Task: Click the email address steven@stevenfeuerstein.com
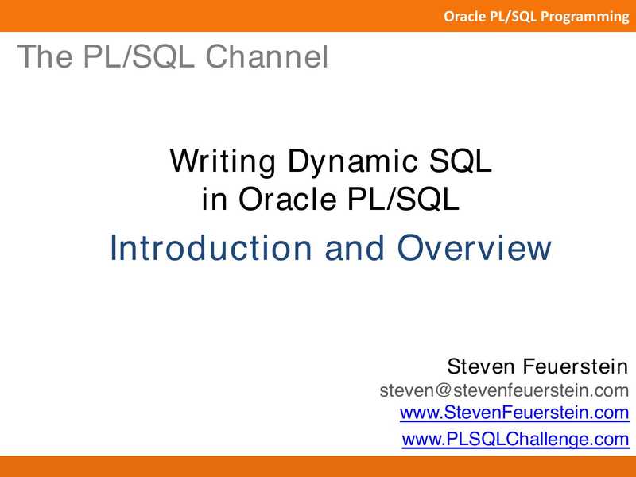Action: tap(504, 390)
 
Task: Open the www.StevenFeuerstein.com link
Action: tap(514, 413)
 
